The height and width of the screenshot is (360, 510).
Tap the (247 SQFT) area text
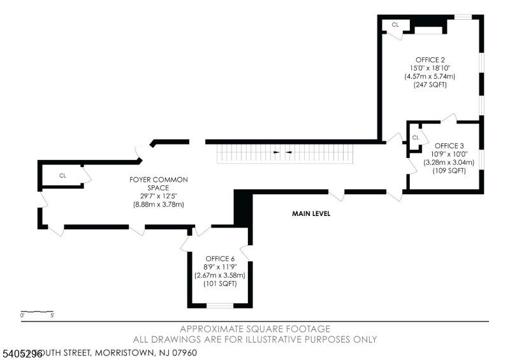430,84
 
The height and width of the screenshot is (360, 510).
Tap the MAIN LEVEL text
311,214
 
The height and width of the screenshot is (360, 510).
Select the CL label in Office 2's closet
395,25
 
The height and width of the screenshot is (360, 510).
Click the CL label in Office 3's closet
416,138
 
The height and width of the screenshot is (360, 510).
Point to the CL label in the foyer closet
63,175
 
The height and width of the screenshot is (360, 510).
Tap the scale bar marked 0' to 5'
37,313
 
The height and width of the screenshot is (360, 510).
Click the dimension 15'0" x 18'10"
430,68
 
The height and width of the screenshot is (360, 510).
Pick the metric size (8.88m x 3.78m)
158,205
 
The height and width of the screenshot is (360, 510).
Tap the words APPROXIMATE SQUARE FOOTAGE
255,329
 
